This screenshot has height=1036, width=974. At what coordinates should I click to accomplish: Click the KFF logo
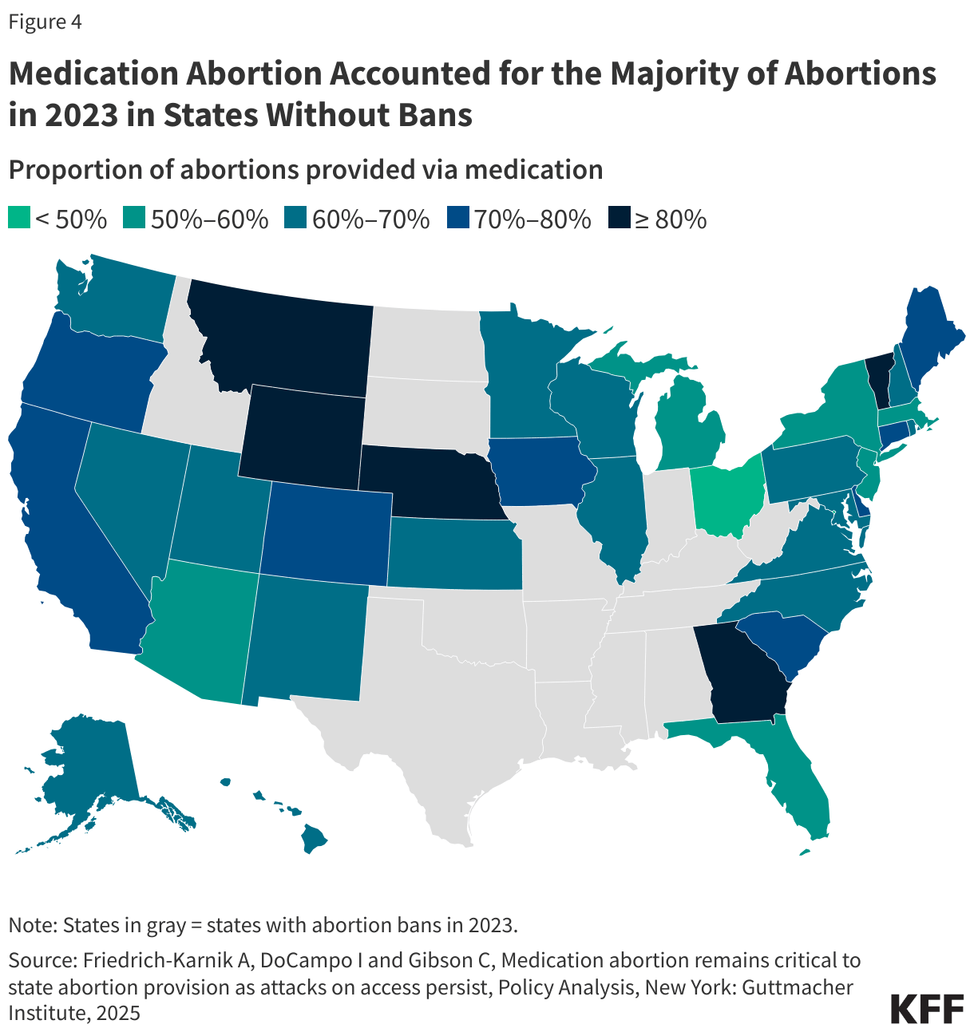tap(927, 1009)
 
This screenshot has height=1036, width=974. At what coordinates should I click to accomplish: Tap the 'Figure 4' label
tap(45, 22)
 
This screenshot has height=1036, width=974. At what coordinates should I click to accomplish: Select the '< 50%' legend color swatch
tap(19, 218)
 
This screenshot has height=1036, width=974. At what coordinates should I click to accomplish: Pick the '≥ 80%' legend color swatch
tap(620, 218)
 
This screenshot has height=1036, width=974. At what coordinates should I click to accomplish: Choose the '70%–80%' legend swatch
tap(457, 218)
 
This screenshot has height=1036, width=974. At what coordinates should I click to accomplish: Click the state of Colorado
tap(327, 533)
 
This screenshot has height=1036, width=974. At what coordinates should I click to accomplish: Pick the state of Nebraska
tap(434, 483)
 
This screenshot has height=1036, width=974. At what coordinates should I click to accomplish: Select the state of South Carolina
tap(783, 641)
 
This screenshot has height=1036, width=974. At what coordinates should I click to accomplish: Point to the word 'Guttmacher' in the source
tap(798, 987)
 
